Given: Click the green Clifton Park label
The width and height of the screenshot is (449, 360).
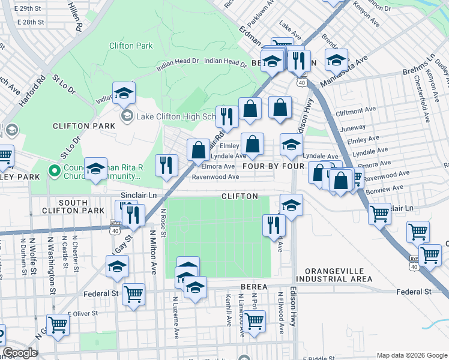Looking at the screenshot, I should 131,46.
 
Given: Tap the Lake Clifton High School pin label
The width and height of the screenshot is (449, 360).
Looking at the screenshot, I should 174,116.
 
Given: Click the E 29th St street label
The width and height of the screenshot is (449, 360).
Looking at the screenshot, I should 31,9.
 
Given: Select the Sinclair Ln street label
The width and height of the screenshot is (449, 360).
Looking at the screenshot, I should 139,196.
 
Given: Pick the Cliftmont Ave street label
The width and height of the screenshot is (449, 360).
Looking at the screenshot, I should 356,112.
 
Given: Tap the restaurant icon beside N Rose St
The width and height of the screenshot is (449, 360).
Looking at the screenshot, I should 167,165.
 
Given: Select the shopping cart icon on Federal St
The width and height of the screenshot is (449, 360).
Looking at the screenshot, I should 133,294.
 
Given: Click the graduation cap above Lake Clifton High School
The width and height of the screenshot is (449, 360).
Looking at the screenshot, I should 124,92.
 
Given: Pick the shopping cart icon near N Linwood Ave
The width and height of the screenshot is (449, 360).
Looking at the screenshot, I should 255,320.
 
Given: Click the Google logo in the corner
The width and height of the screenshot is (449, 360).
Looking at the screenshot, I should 20,353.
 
